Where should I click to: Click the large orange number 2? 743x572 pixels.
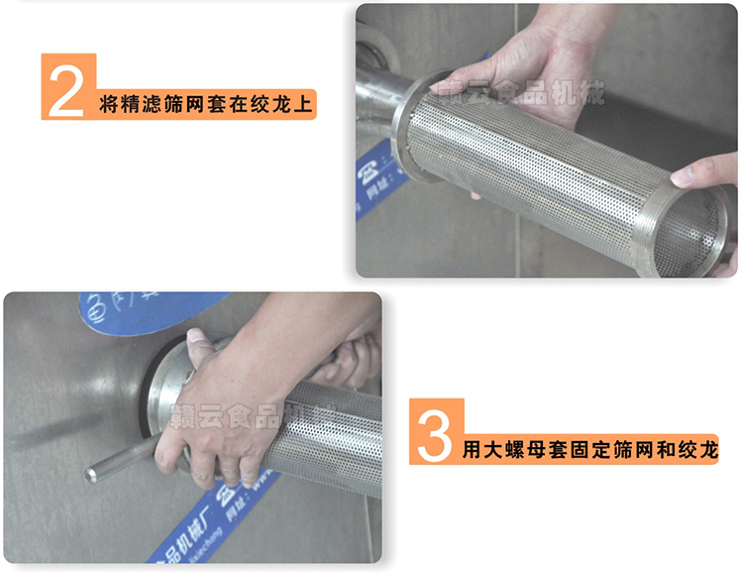coord(66,89)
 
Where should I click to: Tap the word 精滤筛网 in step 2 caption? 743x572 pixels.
coord(153,103)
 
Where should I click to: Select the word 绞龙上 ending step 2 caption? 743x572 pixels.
coord(281,103)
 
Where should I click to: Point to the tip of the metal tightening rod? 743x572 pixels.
coord(91,475)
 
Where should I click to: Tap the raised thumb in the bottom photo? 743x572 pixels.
coord(197,343)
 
